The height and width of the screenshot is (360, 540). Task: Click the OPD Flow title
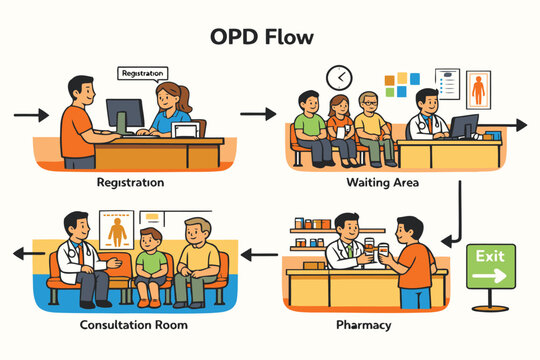tap(262, 37)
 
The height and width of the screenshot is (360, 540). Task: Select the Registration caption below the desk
tap(131, 184)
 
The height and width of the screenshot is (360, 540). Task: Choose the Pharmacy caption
tap(364, 325)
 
